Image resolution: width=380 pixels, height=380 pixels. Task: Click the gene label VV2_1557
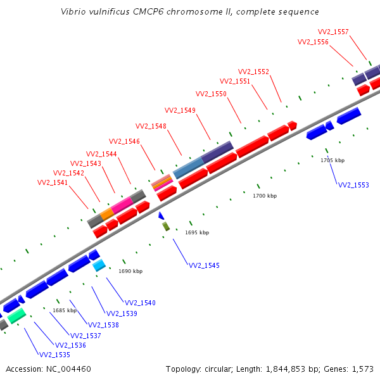[333, 32]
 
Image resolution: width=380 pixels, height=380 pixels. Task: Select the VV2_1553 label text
[353, 185]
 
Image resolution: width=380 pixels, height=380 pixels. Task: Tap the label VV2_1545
[205, 265]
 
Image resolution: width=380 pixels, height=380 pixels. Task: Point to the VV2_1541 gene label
[53, 182]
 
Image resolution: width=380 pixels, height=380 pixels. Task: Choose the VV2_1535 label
[55, 355]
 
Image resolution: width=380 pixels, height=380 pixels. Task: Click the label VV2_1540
[140, 303]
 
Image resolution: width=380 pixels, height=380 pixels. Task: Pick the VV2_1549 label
[180, 110]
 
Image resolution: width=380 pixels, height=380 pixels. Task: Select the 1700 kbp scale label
[265, 196]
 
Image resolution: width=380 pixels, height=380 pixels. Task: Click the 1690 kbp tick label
[130, 271]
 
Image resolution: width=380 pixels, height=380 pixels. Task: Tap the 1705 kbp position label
[332, 160]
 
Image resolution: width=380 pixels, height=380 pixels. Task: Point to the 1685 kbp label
[65, 310]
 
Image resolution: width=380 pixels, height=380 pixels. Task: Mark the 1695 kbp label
[197, 232]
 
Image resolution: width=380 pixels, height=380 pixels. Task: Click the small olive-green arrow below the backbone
[166, 226]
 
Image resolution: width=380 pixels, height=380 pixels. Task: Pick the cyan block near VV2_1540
[99, 266]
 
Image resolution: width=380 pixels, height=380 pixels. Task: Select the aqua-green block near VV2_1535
[16, 315]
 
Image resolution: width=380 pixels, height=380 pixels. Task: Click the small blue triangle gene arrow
[161, 216]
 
